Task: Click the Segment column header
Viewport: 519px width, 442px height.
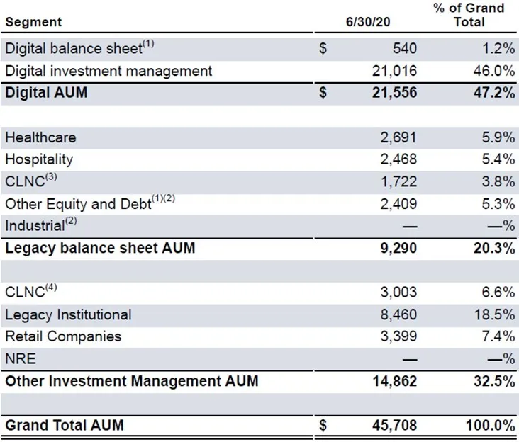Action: coord(33,22)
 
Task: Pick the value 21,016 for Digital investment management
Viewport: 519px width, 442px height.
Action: coord(394,70)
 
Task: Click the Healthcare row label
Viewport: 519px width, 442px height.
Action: coord(40,137)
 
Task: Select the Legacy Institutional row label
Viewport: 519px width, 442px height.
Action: coord(68,314)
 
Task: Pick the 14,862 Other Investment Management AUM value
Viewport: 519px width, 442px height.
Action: coord(394,381)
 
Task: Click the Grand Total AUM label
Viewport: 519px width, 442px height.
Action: coord(65,425)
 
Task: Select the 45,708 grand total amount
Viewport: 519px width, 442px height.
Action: coord(394,425)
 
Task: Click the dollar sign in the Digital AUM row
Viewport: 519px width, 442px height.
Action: coord(323,92)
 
